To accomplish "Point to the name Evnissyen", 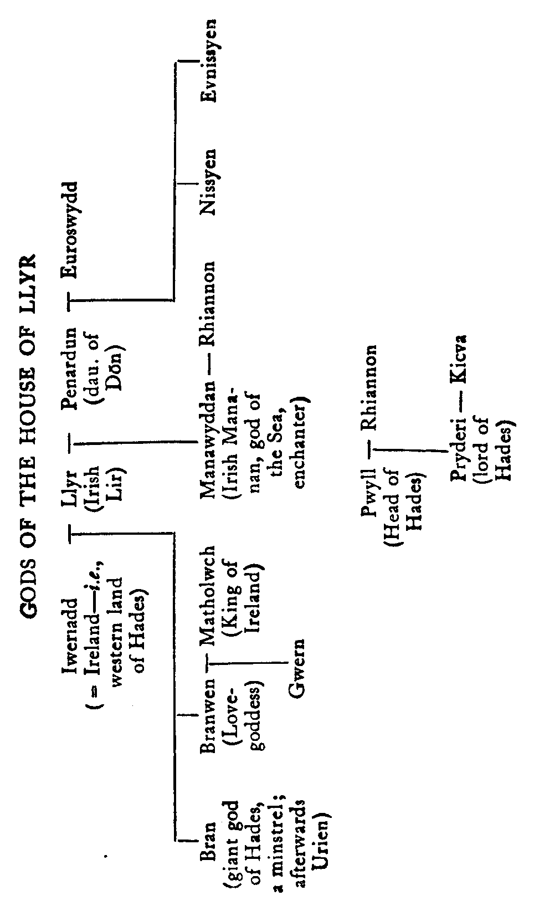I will point(208,59).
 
